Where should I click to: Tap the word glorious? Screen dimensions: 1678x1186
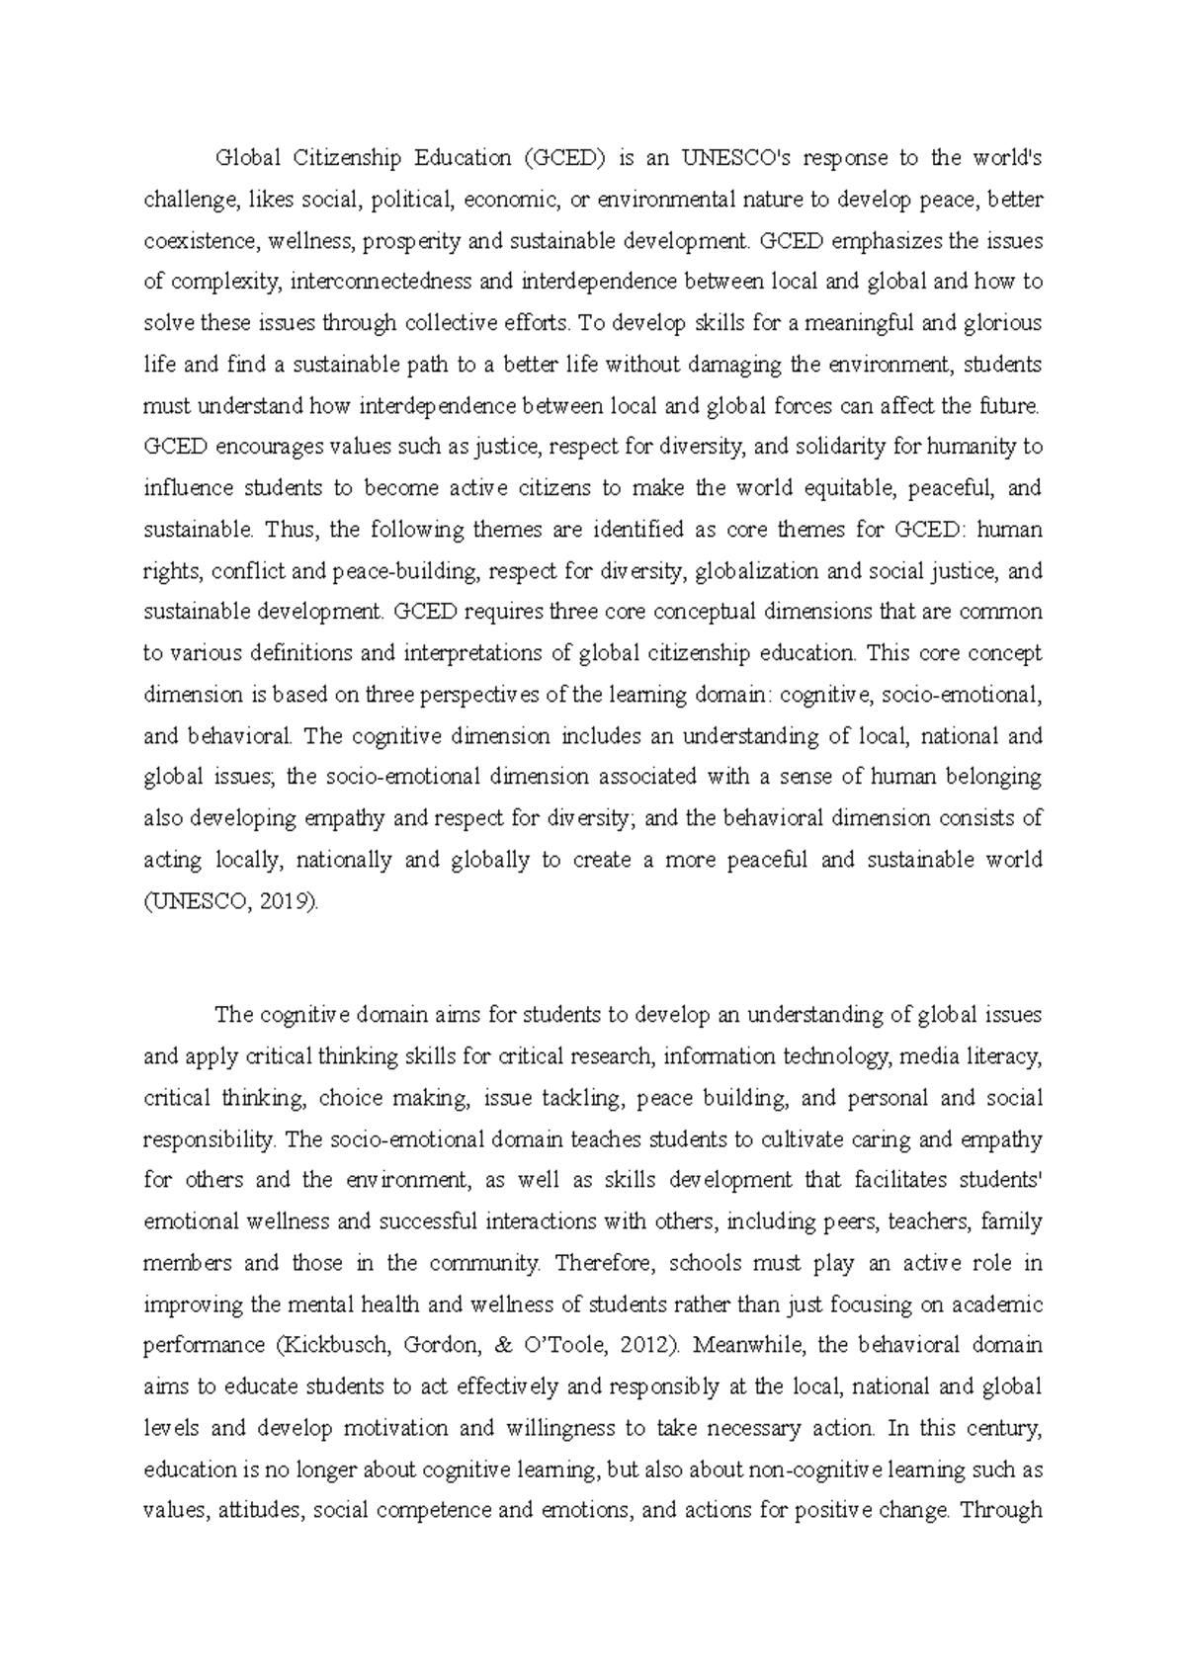point(1002,323)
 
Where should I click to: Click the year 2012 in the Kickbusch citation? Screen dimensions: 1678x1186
point(649,1346)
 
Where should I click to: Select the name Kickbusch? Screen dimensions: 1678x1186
point(323,1346)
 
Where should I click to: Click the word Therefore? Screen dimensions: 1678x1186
point(606,1263)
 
